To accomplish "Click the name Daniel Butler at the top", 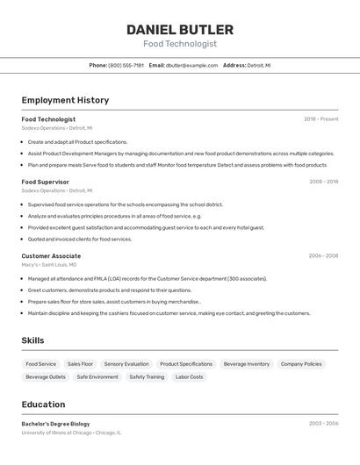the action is (180, 30).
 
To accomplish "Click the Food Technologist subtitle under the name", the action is (180, 44).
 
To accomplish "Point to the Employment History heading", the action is (65, 100).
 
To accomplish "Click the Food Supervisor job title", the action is (46, 182).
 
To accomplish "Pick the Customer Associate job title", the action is (51, 256).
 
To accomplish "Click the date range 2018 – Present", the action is (320, 119).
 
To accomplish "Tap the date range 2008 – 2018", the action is (323, 182).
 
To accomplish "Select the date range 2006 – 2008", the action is (323, 256).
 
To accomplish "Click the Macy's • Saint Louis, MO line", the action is (49, 264).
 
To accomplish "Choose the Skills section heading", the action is (32, 340).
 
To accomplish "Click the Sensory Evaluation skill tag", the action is (126, 364).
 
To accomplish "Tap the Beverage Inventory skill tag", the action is (246, 364).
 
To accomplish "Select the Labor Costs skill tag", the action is (189, 377).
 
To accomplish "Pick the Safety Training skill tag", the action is (147, 377).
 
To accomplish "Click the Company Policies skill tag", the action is (301, 364).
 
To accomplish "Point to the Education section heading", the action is (43, 404).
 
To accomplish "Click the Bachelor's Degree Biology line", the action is (55, 424).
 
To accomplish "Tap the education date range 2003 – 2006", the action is (323, 424).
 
